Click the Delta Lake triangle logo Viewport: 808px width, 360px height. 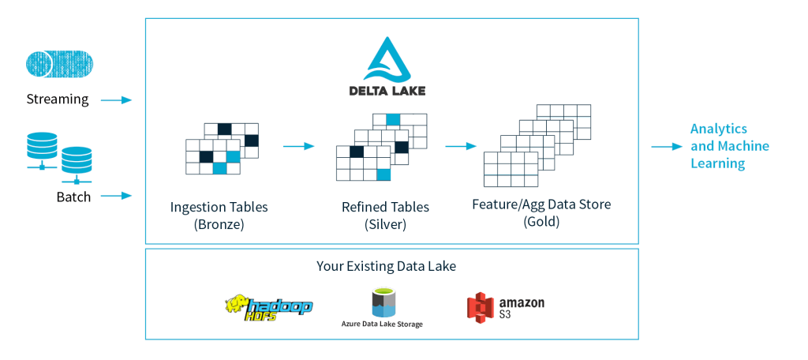pyautogui.click(x=387, y=56)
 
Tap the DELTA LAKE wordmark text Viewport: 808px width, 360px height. pyautogui.click(x=387, y=90)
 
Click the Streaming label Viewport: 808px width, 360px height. pyautogui.click(x=58, y=99)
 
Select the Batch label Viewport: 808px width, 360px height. pyautogui.click(x=73, y=197)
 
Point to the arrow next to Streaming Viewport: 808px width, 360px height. pyautogui.click(x=116, y=100)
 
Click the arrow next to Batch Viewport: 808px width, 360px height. pyautogui.click(x=116, y=195)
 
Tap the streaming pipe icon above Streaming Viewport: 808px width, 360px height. pyautogui.click(x=58, y=64)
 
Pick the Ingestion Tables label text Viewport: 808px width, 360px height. pyautogui.click(x=219, y=207)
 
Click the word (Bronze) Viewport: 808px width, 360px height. pyautogui.click(x=219, y=224)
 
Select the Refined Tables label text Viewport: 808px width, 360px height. pyautogui.click(x=385, y=207)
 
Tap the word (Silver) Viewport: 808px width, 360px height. pyautogui.click(x=385, y=224)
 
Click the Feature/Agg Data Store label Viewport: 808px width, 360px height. pyautogui.click(x=541, y=204)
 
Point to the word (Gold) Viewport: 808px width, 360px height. pyautogui.click(x=541, y=222)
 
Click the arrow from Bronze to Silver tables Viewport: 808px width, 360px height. pyautogui.click(x=298, y=146)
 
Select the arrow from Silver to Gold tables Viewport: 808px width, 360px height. pyautogui.click(x=461, y=146)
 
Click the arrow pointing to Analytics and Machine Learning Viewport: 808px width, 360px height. pyautogui.click(x=666, y=147)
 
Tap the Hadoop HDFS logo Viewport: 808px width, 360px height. pyautogui.click(x=268, y=307)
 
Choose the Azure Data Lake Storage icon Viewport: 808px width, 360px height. pyautogui.click(x=382, y=302)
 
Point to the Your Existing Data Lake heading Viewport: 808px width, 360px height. pyautogui.click(x=386, y=266)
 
